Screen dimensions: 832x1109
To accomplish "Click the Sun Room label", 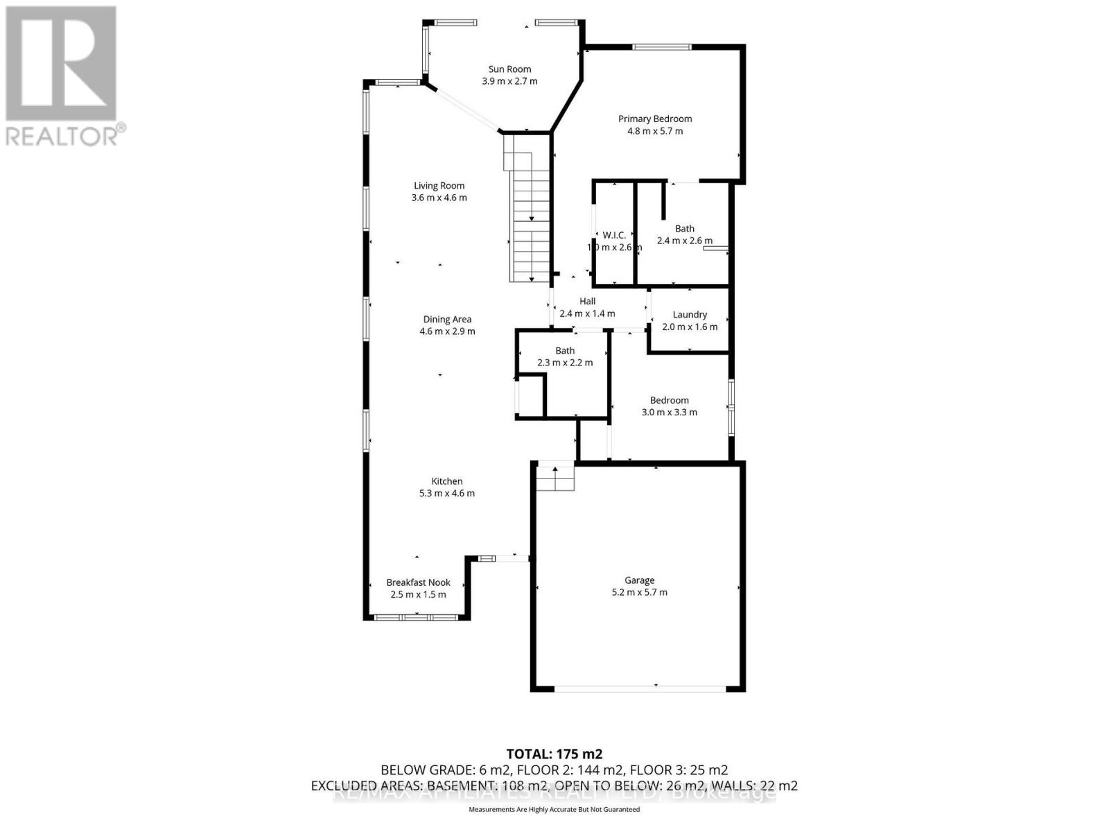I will click(x=509, y=69).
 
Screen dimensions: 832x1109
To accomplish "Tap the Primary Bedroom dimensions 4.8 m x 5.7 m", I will click(x=655, y=131).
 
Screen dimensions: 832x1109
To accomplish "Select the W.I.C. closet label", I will click(x=614, y=235).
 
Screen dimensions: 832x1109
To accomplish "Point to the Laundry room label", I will click(x=690, y=314).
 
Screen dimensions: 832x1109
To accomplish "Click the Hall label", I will click(x=587, y=301).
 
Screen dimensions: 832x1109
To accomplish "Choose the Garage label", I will click(x=639, y=580).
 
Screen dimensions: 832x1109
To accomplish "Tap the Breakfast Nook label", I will click(x=418, y=582).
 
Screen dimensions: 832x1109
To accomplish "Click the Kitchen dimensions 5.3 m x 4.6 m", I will click(x=447, y=494).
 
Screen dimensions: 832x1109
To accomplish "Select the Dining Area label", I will click(x=447, y=319).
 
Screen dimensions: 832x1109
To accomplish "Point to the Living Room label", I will click(x=439, y=185).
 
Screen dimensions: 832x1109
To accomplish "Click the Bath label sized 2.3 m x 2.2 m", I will click(x=565, y=350).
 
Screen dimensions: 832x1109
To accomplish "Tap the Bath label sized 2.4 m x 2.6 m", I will click(x=685, y=228).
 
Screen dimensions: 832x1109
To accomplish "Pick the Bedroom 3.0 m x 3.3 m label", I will click(x=670, y=400).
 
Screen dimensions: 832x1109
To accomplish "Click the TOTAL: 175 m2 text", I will click(x=554, y=754).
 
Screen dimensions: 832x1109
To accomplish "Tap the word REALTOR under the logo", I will click(x=62, y=135).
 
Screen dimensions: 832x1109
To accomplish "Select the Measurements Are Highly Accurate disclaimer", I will click(x=554, y=810).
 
